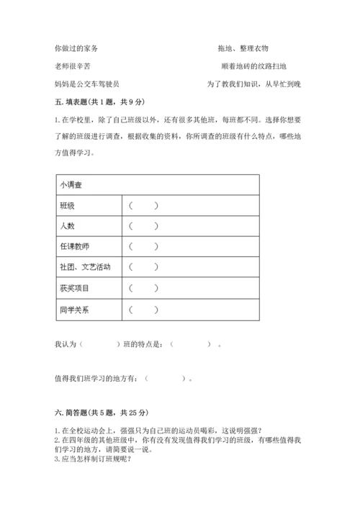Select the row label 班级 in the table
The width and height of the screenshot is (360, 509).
(x=67, y=206)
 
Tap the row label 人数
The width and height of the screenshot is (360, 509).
(x=67, y=226)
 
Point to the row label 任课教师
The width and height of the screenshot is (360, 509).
(x=74, y=247)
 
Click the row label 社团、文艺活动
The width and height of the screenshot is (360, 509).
(x=85, y=268)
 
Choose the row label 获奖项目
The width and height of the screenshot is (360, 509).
(x=74, y=289)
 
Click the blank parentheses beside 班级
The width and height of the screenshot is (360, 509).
(x=143, y=206)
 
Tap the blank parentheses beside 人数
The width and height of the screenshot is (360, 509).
(x=143, y=226)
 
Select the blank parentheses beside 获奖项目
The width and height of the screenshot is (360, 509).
(x=143, y=289)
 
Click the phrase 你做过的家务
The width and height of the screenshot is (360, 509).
(x=76, y=48)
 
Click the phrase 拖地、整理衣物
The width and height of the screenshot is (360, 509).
(x=243, y=48)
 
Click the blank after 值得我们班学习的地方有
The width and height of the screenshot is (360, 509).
(x=167, y=377)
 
